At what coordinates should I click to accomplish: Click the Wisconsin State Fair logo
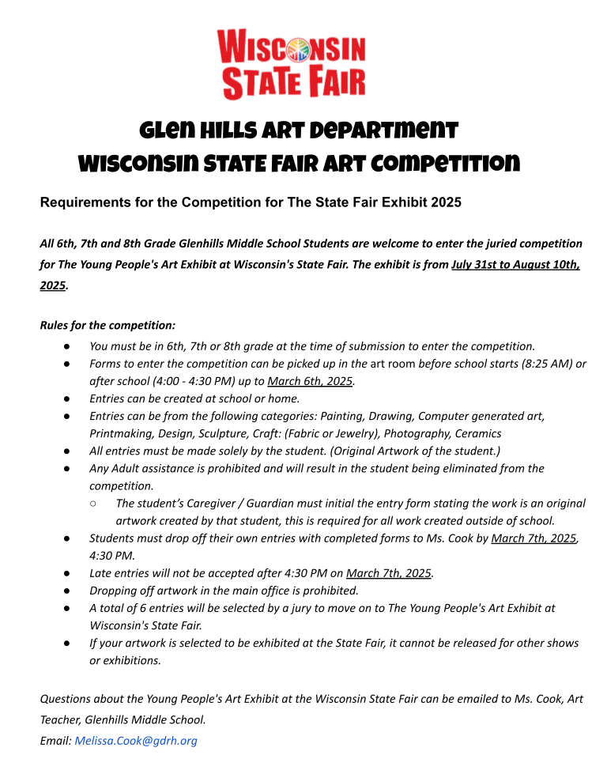click(x=292, y=64)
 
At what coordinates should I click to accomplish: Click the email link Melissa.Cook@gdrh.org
click(x=135, y=741)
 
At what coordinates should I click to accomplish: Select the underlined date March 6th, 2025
click(x=310, y=381)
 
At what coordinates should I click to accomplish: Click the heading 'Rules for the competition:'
click(x=107, y=325)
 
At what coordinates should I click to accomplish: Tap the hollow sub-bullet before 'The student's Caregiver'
click(x=94, y=504)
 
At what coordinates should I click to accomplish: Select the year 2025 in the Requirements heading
click(x=446, y=202)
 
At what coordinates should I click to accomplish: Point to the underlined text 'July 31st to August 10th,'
click(x=515, y=265)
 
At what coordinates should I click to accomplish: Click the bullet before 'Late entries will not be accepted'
click(x=68, y=573)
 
